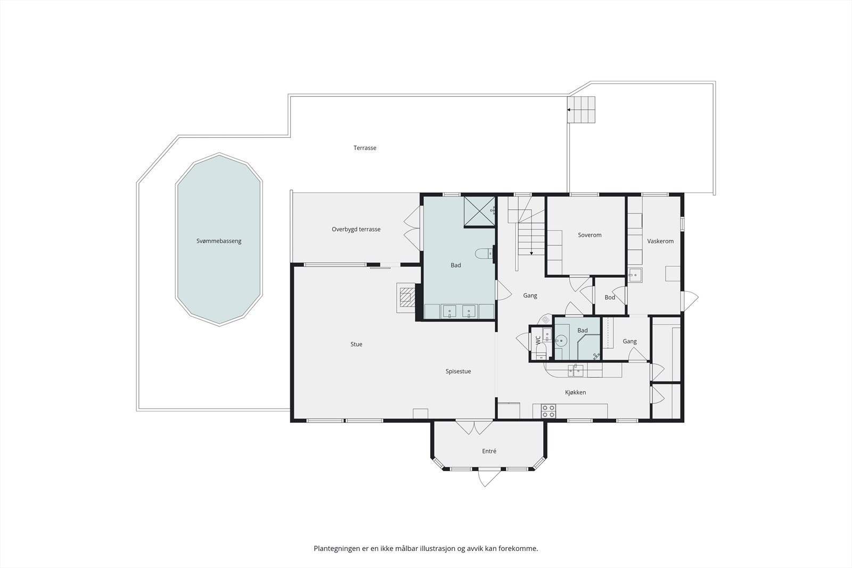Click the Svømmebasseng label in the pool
click(x=219, y=241)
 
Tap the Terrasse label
click(x=365, y=148)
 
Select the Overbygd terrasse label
click(x=356, y=229)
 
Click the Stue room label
click(x=356, y=344)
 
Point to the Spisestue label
click(x=458, y=372)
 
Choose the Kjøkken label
click(x=576, y=392)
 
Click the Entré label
click(x=489, y=451)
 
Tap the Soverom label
click(x=589, y=235)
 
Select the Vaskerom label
click(x=660, y=241)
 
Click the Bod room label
click(x=610, y=297)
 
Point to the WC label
click(x=538, y=340)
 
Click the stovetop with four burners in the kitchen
click(x=548, y=411)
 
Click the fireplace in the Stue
click(x=407, y=297)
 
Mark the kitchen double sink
click(x=576, y=371)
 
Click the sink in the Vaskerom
click(x=635, y=275)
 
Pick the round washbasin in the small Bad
click(x=561, y=340)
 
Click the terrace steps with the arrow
click(x=581, y=110)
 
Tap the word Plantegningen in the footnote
click(x=336, y=549)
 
